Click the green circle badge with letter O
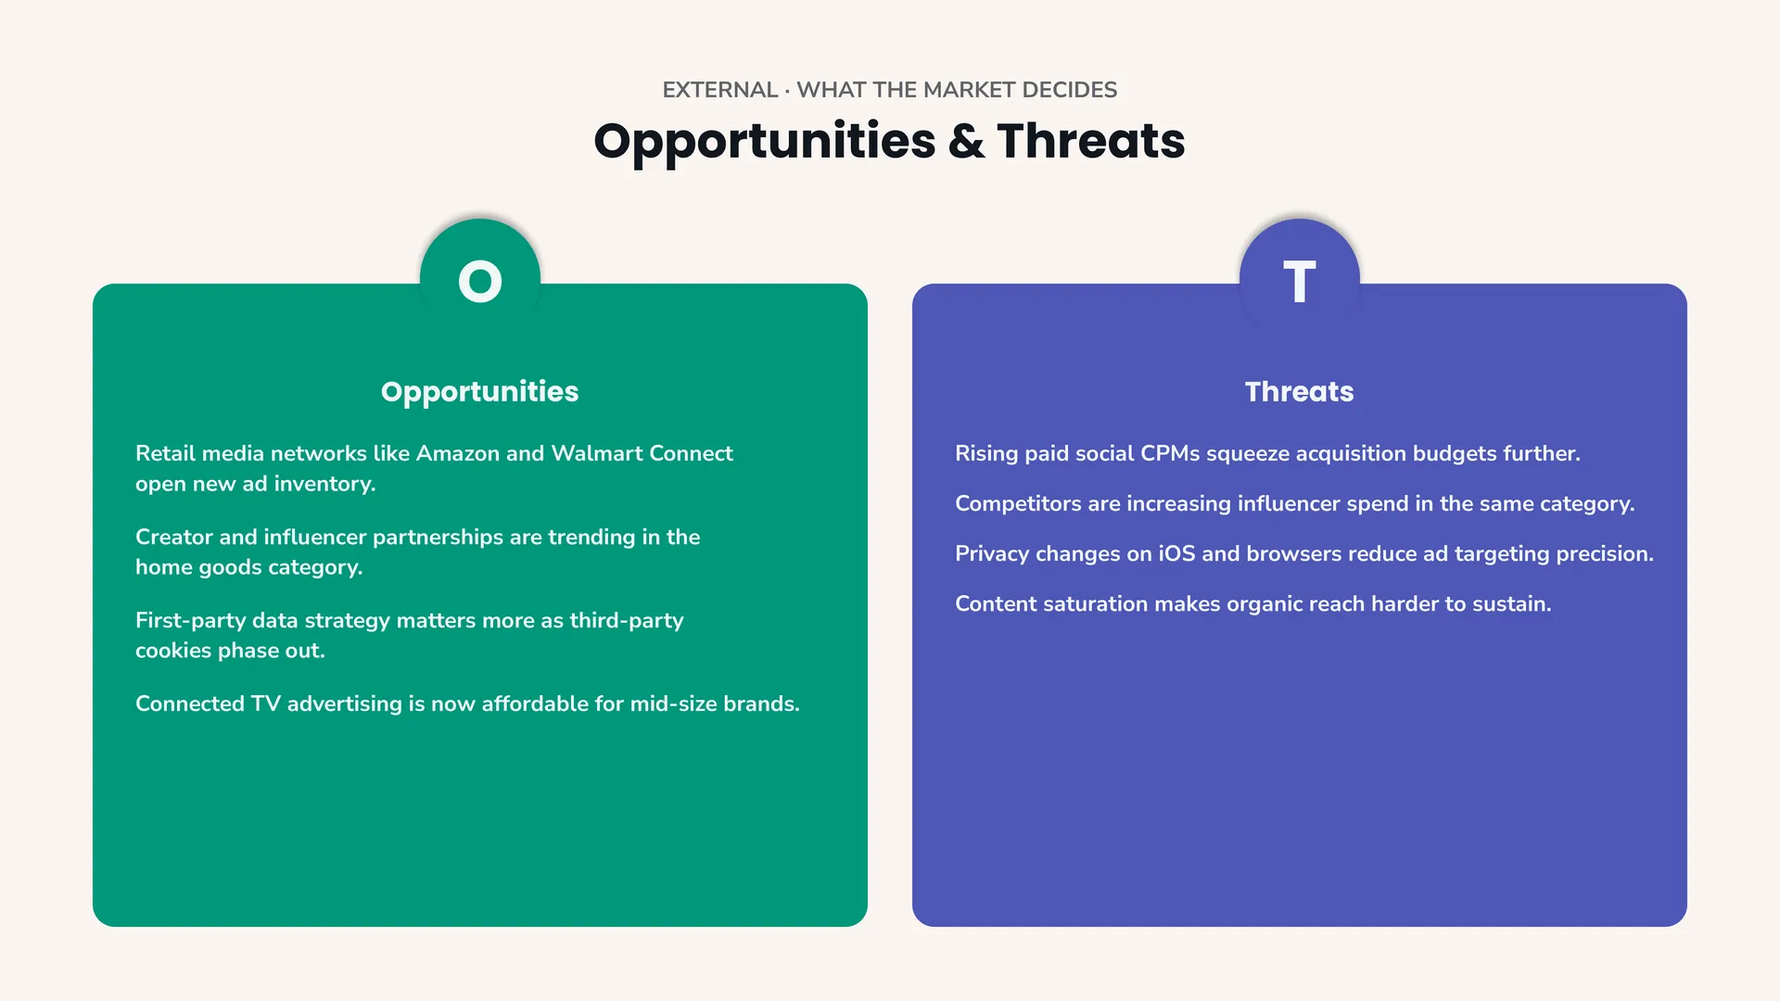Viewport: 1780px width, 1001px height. [x=480, y=279]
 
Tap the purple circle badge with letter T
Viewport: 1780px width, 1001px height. [x=1300, y=279]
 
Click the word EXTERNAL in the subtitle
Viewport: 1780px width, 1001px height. [x=720, y=90]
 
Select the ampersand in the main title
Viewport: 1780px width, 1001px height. [x=966, y=141]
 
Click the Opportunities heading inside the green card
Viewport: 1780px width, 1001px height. [x=480, y=392]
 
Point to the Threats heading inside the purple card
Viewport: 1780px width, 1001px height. [x=1300, y=392]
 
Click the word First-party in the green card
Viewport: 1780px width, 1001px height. [x=190, y=621]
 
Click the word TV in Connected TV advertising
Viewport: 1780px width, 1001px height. [x=265, y=703]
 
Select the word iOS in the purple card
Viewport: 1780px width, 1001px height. [x=1177, y=553]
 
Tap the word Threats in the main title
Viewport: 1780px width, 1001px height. [x=1091, y=141]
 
